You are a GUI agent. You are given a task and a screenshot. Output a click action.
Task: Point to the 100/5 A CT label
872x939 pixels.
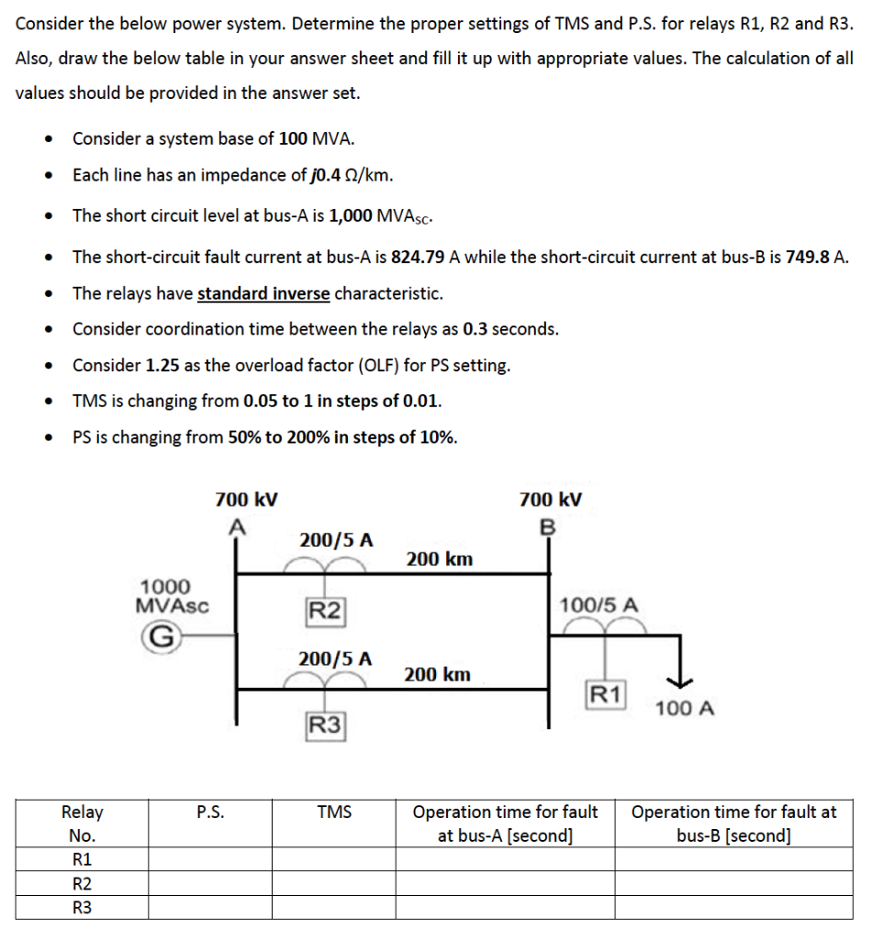pos(598,605)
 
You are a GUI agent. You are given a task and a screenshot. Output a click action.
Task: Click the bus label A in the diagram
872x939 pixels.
pos(237,525)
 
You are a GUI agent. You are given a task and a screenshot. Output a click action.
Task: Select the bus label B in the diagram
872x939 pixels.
pos(549,527)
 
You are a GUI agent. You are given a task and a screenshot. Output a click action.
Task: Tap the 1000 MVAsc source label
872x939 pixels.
pos(172,595)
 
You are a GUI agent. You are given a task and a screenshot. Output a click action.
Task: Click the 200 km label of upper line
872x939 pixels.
pos(440,558)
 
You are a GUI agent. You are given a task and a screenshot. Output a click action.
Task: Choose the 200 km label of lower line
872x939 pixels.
pos(438,675)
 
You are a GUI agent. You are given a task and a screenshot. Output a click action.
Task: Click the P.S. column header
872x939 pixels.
pos(210,812)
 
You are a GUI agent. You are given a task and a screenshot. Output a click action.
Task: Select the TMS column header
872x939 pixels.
pos(334,812)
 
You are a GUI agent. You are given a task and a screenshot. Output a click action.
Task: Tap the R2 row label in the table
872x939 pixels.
pos(82,883)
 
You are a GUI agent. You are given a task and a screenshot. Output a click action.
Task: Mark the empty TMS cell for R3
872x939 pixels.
pos(334,907)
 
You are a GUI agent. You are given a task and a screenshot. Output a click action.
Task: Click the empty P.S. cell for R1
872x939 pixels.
pos(210,859)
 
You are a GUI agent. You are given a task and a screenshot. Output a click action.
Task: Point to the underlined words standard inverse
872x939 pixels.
pos(263,293)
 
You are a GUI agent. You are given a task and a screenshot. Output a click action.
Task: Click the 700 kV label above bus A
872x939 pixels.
pos(247,500)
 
